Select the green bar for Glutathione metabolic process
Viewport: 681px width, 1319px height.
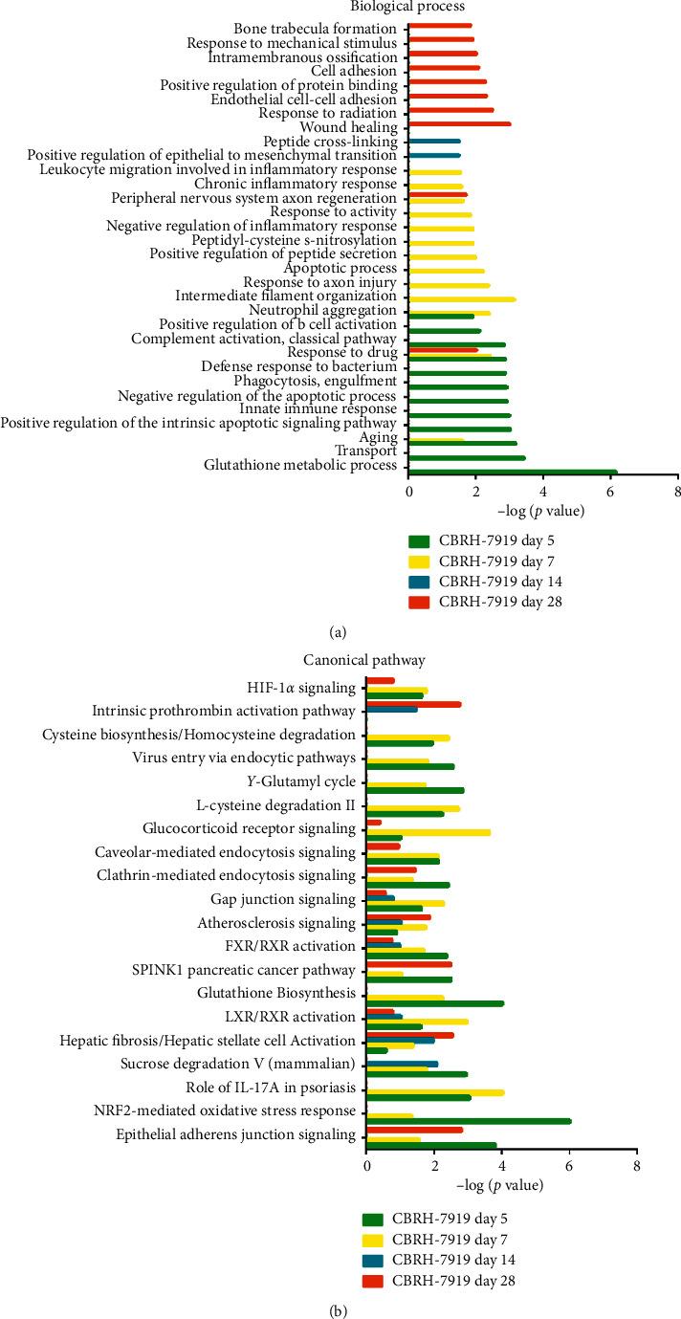[x=513, y=472]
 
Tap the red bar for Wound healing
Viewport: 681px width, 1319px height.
[x=460, y=124]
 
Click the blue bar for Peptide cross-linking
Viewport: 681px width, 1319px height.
[x=434, y=141]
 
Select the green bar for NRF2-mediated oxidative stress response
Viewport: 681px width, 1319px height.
[x=469, y=1121]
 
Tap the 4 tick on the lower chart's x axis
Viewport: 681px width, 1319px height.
[x=501, y=1167]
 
